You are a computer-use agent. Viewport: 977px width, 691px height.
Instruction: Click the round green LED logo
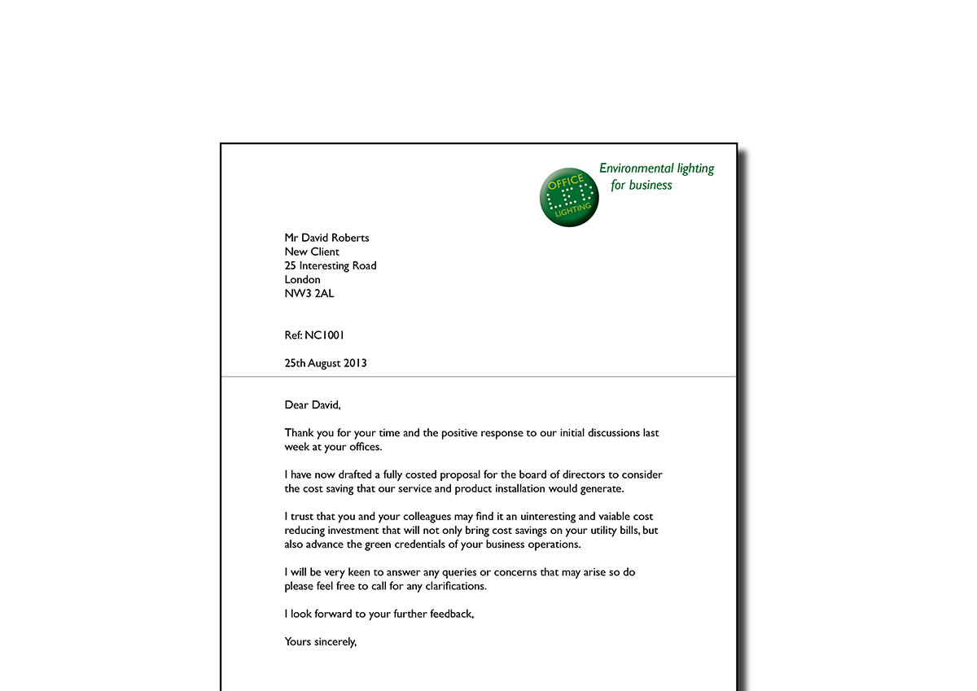coord(569,198)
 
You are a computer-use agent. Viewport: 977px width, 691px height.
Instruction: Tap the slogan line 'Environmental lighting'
coord(656,168)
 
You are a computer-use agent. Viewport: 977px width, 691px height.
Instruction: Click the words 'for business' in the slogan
coord(642,185)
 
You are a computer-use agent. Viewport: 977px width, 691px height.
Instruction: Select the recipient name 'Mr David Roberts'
coord(326,238)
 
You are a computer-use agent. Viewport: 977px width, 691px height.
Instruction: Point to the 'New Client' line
coord(312,251)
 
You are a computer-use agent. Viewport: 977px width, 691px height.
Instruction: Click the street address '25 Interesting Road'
coord(331,265)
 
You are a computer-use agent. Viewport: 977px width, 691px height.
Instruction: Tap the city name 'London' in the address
coord(303,280)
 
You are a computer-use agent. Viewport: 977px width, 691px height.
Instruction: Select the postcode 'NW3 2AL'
coord(309,294)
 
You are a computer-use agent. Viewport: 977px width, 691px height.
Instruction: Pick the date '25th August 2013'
coord(326,363)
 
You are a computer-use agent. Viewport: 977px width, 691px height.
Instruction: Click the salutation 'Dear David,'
coord(313,405)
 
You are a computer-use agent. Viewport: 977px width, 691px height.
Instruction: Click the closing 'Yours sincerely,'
coord(321,641)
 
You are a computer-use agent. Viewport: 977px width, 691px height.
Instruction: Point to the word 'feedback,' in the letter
coord(451,614)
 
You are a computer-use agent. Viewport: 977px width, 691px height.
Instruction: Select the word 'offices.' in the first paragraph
coord(361,447)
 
